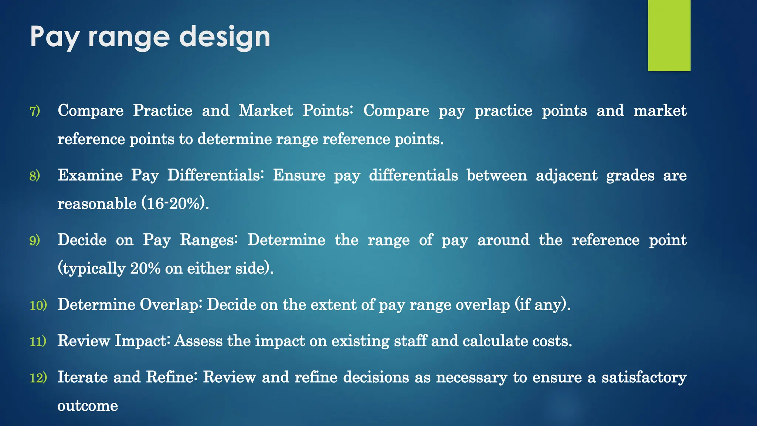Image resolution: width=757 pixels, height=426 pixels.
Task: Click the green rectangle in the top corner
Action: click(669, 35)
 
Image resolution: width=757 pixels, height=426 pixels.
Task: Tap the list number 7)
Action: click(35, 111)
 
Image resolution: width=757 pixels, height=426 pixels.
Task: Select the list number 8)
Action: click(35, 176)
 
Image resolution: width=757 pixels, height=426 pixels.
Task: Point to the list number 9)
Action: click(35, 240)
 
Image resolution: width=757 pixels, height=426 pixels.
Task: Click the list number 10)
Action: click(38, 305)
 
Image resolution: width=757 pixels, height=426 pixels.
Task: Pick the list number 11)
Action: click(38, 341)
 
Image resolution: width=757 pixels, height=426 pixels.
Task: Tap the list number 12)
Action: click(38, 378)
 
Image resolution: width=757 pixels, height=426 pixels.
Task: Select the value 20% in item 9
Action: click(145, 268)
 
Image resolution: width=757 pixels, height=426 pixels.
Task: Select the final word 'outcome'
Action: click(88, 406)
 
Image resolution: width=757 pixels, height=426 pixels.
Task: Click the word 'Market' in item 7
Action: click(266, 111)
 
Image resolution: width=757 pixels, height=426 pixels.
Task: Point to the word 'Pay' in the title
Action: click(54, 37)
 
